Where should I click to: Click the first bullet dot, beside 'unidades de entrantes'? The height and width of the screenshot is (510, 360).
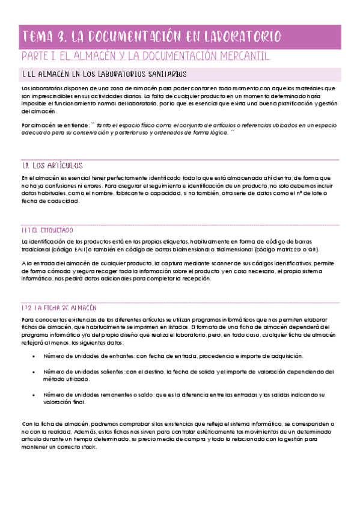coord(31,356)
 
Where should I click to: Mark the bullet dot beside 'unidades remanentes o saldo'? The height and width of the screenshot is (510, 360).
coord(31,395)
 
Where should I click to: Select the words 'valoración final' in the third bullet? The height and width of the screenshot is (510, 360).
coord(64,402)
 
